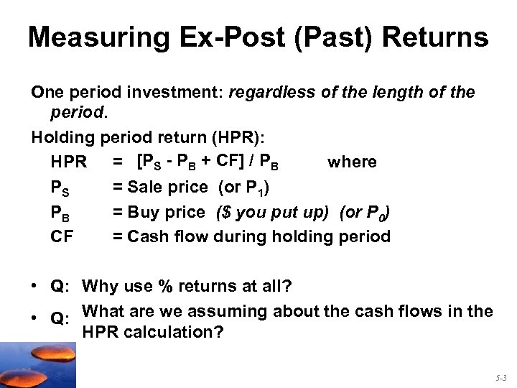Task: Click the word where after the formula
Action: (x=352, y=162)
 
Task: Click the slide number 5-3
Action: (x=500, y=376)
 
